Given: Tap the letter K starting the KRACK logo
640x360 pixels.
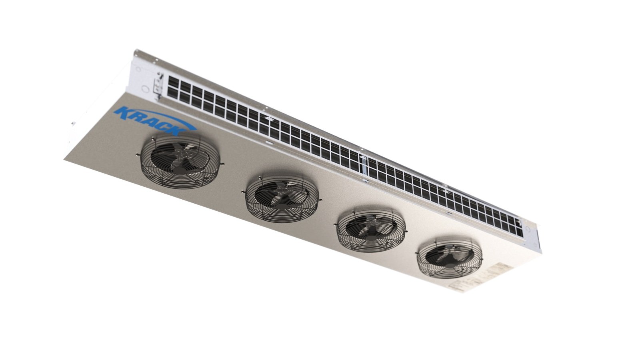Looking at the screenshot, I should click(x=120, y=112).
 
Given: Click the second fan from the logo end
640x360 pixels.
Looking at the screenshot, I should click(x=282, y=198).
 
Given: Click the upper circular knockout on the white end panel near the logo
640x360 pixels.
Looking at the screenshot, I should click(x=138, y=69).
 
